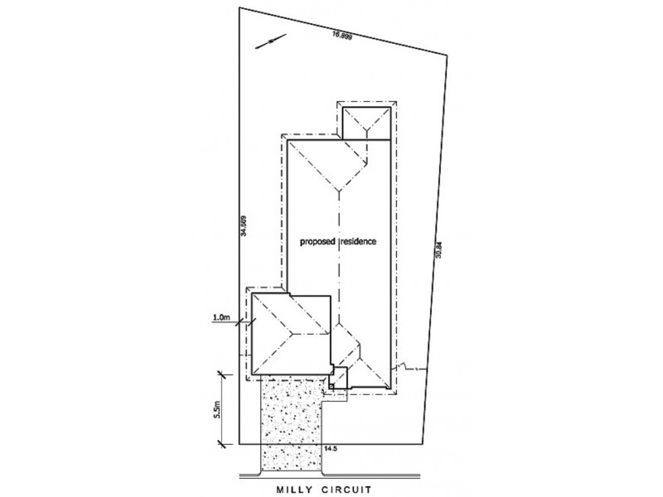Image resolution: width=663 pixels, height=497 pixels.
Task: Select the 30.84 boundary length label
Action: coord(439,249)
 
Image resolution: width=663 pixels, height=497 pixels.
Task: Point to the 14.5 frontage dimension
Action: coord(332,448)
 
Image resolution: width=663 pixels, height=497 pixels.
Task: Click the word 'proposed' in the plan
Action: coord(318,241)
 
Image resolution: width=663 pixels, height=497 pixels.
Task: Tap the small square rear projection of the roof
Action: coord(365,122)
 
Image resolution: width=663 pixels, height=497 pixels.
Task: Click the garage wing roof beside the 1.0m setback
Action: coord(290,332)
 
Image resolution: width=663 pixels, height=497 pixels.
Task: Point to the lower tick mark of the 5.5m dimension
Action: coord(222,445)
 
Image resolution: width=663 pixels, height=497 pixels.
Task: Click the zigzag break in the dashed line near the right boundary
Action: coord(403,366)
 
